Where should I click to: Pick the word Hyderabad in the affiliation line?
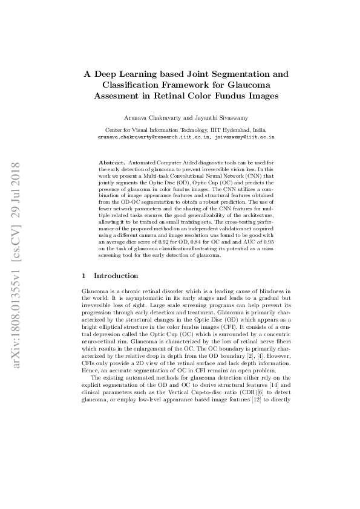224,130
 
